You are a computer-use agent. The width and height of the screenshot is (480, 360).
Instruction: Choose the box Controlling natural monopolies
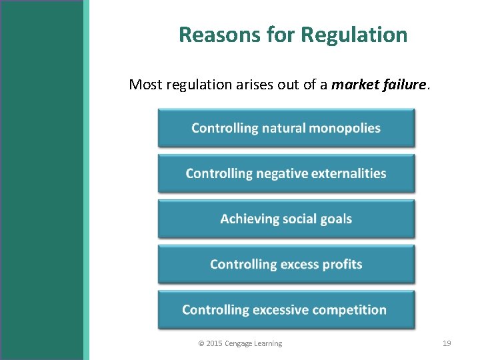286,128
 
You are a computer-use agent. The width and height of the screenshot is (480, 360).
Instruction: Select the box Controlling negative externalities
286,173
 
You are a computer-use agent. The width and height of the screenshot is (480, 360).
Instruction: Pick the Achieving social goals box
286,219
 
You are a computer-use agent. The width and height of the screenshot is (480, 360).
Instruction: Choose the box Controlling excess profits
286,264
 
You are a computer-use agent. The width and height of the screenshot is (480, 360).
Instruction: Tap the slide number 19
447,343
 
